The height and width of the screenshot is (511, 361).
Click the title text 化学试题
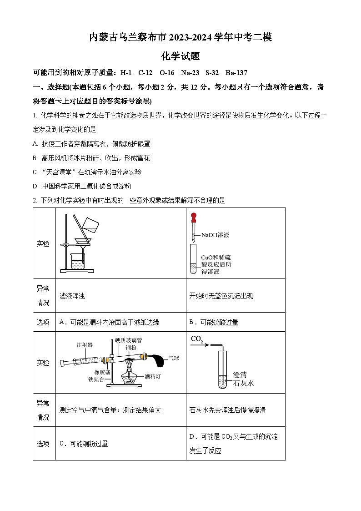(x=180, y=56)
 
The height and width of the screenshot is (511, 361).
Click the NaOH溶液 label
(x=215, y=235)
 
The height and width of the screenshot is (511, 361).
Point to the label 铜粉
(x=130, y=348)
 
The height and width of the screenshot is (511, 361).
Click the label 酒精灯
(x=152, y=377)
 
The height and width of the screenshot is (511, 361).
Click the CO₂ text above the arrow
(x=197, y=339)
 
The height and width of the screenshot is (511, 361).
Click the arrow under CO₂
(x=200, y=345)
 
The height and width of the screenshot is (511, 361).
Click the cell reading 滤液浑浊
(x=72, y=296)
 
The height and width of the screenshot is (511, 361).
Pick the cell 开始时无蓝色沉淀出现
(x=221, y=296)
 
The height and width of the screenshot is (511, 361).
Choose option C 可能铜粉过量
(x=84, y=444)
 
